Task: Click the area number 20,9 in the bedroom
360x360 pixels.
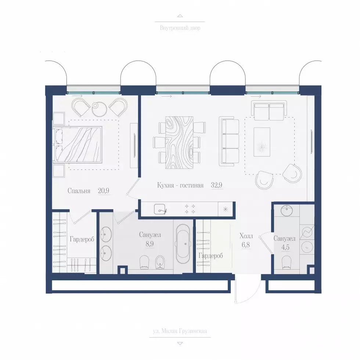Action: click(x=103, y=191)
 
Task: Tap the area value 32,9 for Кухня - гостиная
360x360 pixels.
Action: click(x=216, y=185)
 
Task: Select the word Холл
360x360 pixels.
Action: click(x=246, y=236)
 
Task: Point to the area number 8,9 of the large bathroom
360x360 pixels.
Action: click(x=150, y=244)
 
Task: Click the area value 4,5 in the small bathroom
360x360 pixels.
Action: click(x=285, y=248)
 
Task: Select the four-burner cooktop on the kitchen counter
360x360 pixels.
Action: click(x=190, y=209)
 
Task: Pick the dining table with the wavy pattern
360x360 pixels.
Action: click(x=179, y=143)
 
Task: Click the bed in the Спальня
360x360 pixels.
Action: click(x=78, y=144)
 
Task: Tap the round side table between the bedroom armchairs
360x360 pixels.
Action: click(x=99, y=109)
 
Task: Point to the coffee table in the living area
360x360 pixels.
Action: click(x=262, y=142)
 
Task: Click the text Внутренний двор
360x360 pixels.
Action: click(x=180, y=28)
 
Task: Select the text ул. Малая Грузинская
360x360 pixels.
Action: click(x=180, y=331)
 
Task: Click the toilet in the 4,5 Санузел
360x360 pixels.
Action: click(x=286, y=262)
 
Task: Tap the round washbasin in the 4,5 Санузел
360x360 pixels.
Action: click(x=287, y=210)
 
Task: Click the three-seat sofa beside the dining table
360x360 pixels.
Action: click(x=229, y=141)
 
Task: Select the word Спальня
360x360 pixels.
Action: click(x=79, y=191)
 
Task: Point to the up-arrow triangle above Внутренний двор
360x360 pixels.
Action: click(x=180, y=16)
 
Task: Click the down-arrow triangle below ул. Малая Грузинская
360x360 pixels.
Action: click(x=180, y=343)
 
